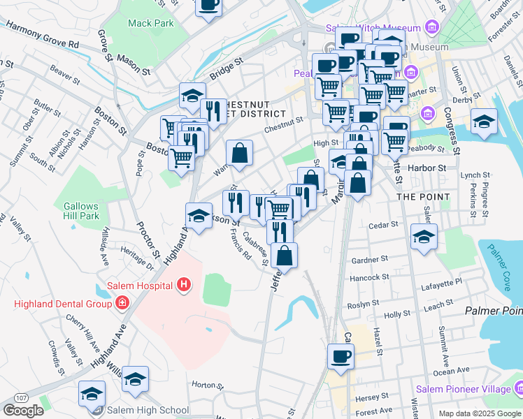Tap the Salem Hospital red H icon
[x=184, y=285]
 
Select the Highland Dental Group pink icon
[x=122, y=303]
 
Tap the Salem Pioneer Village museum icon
[x=519, y=387]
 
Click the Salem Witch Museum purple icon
[x=431, y=28]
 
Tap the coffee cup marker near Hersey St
[x=341, y=355]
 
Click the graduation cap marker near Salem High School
[x=92, y=394]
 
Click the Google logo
[x=23, y=411]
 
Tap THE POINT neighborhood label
[x=423, y=197]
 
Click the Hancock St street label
[x=369, y=277]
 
